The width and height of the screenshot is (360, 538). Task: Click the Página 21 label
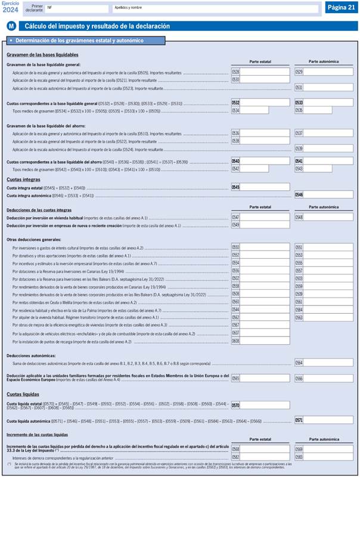(341, 7)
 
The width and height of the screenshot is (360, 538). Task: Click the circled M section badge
(11, 26)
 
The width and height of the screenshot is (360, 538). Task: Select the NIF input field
(77, 8)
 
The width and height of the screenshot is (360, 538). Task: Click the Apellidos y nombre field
(215, 8)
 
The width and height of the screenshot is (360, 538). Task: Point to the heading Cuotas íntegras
(23, 180)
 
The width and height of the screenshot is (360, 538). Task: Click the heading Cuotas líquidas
(23, 394)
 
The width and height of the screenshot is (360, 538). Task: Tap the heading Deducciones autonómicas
(30, 355)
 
